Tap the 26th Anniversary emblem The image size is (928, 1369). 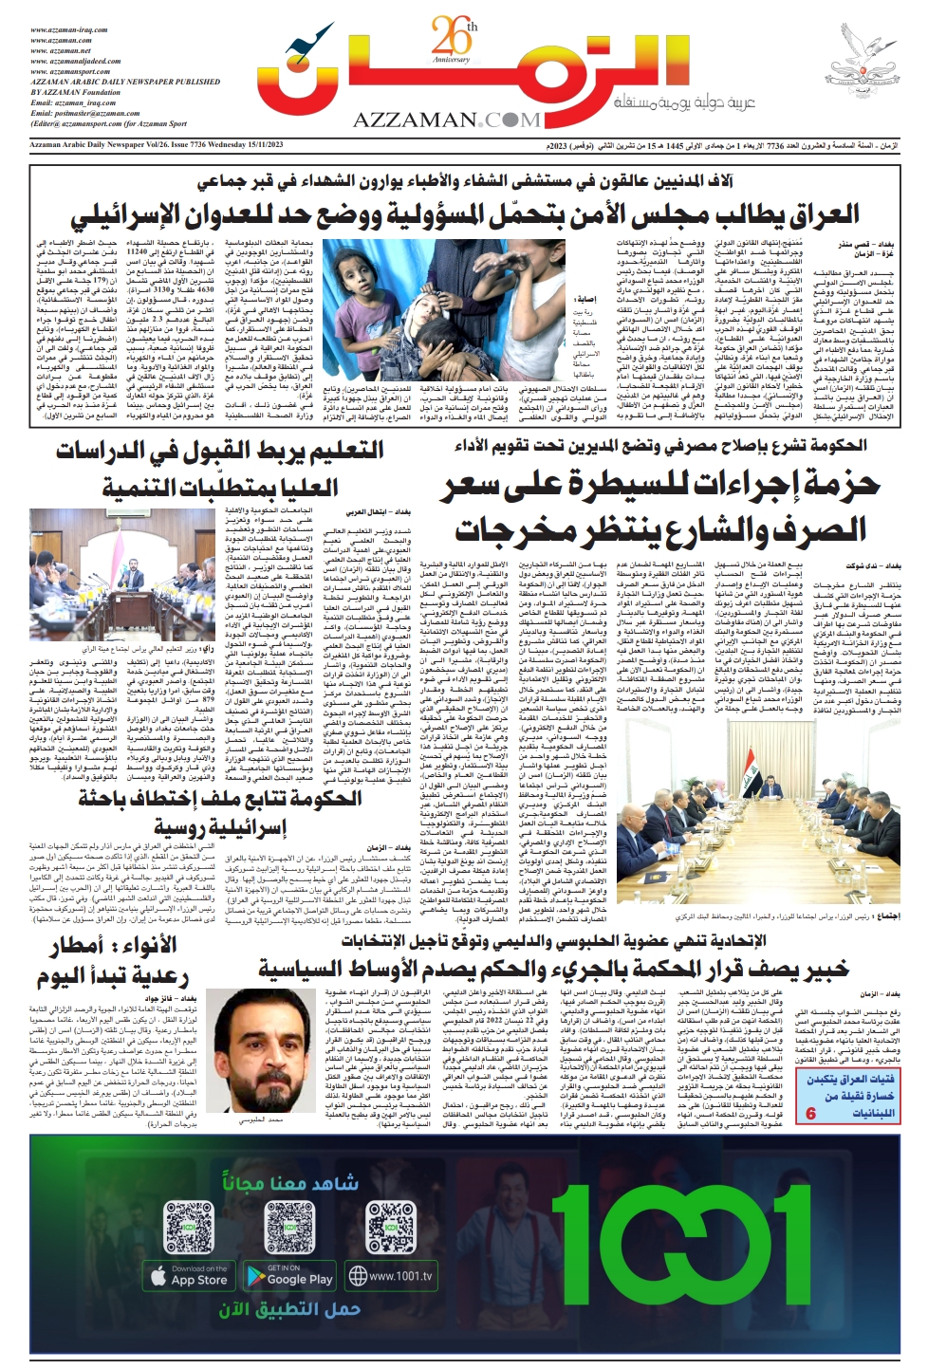(452, 42)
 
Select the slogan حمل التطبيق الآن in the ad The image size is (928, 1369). (289, 1310)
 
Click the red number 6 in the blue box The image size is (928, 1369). (811, 1113)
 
